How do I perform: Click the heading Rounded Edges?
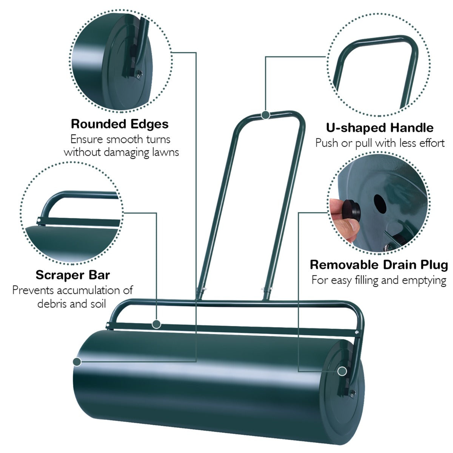[120, 124]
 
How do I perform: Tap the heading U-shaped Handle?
[380, 128]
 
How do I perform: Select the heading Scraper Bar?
[73, 274]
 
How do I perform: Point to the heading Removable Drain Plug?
[379, 265]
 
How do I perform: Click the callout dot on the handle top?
[266, 115]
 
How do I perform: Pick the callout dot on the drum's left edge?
[77, 362]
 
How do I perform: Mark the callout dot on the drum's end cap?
[342, 371]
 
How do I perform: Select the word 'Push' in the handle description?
[325, 143]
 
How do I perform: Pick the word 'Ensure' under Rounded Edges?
[86, 139]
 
